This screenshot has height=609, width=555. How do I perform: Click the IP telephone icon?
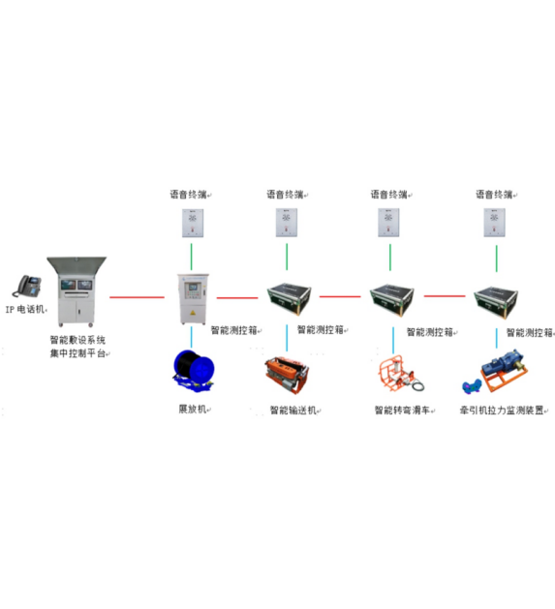pyautogui.click(x=27, y=286)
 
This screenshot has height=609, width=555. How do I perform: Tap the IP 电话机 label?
pyautogui.click(x=25, y=310)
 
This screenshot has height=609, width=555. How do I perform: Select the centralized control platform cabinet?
pyautogui.click(x=77, y=291)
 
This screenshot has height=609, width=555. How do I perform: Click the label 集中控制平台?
pyautogui.click(x=78, y=353)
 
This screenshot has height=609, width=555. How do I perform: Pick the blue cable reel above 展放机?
pyautogui.click(x=193, y=371)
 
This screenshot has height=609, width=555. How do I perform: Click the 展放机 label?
pyautogui.click(x=193, y=409)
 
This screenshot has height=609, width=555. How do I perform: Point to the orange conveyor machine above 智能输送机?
pyautogui.click(x=287, y=375)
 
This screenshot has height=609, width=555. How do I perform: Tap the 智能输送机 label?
pyautogui.click(x=293, y=411)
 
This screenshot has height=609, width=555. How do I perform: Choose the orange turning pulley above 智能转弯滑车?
pyautogui.click(x=401, y=374)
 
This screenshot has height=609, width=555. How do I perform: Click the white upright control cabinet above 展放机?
pyautogui.click(x=193, y=298)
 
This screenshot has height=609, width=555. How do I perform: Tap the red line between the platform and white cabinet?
pyautogui.click(x=137, y=297)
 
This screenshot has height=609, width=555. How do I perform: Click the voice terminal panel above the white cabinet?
pyautogui.click(x=193, y=223)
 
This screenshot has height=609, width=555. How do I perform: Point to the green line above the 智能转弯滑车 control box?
pyautogui.click(x=390, y=258)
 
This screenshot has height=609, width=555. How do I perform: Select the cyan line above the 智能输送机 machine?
pyautogui.click(x=287, y=338)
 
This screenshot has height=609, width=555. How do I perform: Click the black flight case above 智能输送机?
pyautogui.click(x=290, y=298)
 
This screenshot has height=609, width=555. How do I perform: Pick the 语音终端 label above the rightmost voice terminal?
pyautogui.click(x=494, y=195)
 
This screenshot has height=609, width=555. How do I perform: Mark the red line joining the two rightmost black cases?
pyautogui.click(x=445, y=296)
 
